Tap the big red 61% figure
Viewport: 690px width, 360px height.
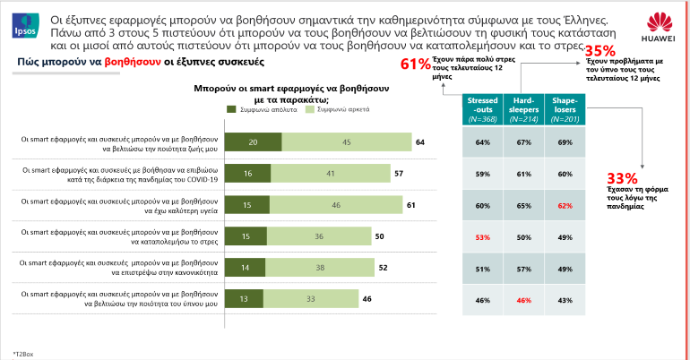point(415,64)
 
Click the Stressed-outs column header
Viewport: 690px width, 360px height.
point(482,108)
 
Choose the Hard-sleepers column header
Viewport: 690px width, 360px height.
point(523,108)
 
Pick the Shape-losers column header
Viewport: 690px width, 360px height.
point(565,108)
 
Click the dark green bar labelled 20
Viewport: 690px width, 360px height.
point(253,141)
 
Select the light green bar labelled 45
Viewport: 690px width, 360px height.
point(346,141)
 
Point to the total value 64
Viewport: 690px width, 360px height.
point(419,142)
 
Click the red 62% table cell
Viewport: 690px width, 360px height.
point(565,205)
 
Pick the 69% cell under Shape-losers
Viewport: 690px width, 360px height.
point(565,142)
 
